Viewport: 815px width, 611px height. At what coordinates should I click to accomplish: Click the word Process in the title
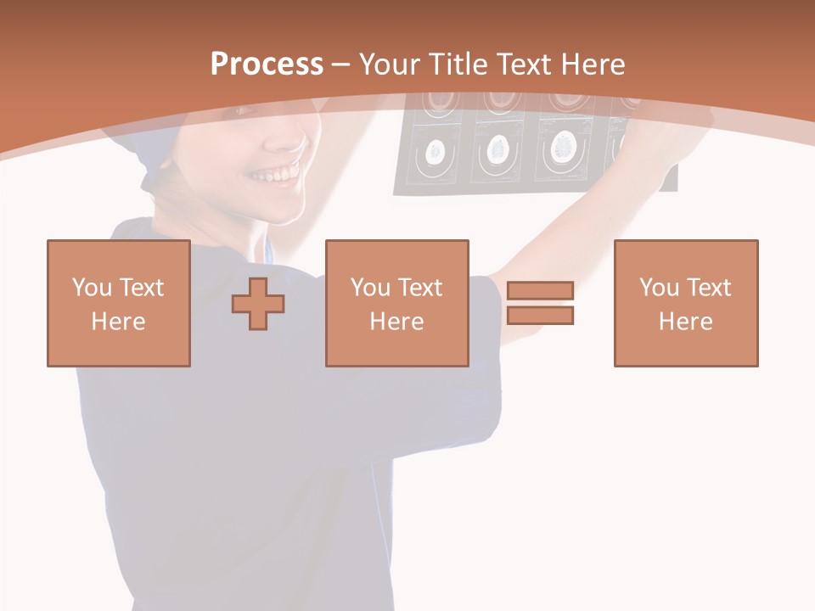coord(267,64)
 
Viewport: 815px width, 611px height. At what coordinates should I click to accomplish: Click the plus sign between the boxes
coord(258,303)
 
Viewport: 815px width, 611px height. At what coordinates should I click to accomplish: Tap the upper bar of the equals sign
coord(540,290)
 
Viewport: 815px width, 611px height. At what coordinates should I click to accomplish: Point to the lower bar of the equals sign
coord(540,315)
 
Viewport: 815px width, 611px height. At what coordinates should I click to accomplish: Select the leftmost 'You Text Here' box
coord(118,303)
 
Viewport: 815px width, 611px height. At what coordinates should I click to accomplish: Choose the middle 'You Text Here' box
coord(396,303)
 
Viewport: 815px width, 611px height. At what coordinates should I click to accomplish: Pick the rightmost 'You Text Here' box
coord(685,303)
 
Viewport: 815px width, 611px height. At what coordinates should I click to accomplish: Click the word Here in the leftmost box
coord(118,322)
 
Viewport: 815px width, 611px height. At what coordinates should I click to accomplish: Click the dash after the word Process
coord(341,65)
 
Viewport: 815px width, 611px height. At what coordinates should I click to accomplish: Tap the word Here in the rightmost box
coord(685,322)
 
